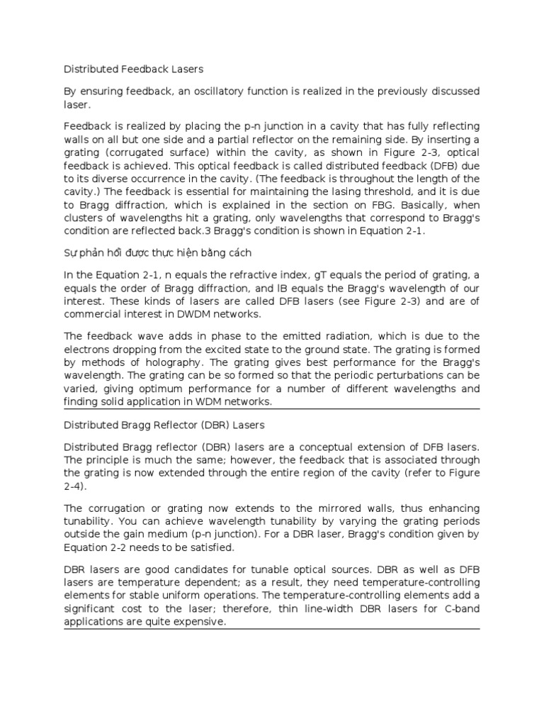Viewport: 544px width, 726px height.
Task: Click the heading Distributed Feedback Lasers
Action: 134,69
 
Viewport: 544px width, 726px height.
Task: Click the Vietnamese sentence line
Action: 158,253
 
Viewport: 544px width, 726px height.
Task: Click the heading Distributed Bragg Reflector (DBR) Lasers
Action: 164,425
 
